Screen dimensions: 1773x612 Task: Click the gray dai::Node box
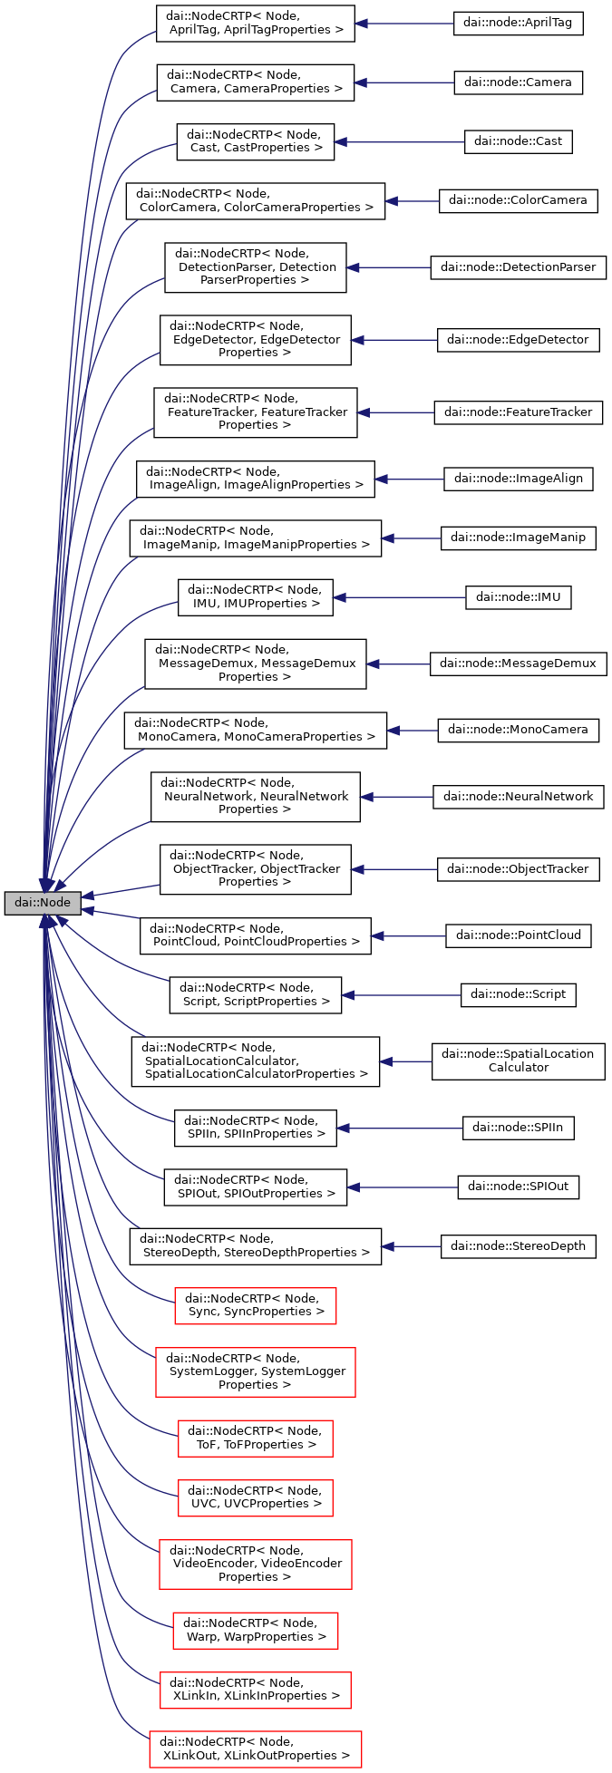point(43,903)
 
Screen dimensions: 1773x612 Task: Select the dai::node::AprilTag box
point(518,23)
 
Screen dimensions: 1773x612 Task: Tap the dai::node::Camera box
point(518,82)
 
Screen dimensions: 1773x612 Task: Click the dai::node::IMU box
point(518,597)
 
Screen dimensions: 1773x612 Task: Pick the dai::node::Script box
point(518,994)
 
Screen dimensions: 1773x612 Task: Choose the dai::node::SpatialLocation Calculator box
point(518,1061)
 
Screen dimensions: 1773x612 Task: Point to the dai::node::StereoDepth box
point(518,1246)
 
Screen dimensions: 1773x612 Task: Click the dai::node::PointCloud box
point(518,935)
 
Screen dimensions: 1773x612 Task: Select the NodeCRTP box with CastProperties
point(255,141)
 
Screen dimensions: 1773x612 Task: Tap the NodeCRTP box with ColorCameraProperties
point(255,200)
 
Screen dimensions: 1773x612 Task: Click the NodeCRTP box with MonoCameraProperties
point(255,730)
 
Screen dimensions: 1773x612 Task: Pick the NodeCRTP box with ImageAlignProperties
point(255,478)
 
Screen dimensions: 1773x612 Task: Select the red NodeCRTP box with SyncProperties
point(255,1305)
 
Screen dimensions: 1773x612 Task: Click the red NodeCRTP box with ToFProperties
point(255,1438)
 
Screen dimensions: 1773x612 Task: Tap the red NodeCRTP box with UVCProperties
point(255,1497)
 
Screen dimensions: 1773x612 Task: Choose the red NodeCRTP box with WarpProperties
point(255,1631)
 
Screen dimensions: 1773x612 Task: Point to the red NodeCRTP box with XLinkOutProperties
point(255,1749)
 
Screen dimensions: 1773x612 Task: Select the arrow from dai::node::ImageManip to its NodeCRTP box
point(411,538)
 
